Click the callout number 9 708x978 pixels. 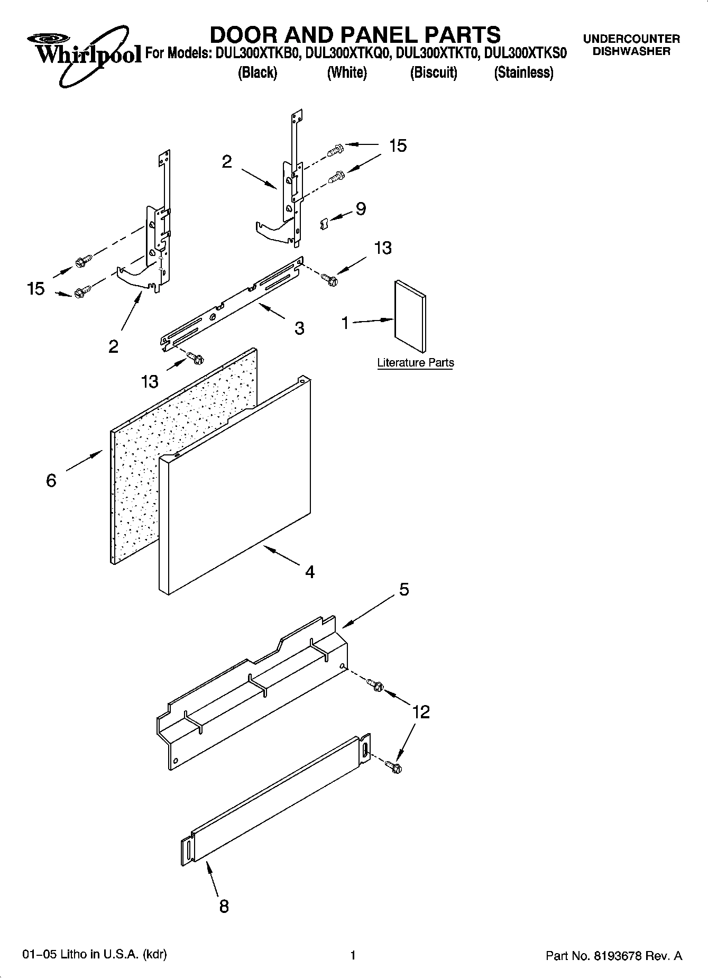(360, 209)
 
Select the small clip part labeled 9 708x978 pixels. (324, 224)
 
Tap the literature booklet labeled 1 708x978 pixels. (409, 316)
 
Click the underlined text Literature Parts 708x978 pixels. (415, 363)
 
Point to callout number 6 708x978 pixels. (51, 480)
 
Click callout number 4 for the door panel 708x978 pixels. (310, 572)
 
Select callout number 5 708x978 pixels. (404, 589)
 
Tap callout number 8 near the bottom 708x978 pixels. (224, 906)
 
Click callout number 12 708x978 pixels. (421, 712)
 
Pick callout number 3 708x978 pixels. (299, 328)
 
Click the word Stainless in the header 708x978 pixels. (523, 72)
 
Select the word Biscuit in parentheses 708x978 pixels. (434, 72)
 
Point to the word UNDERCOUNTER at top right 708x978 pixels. (631, 39)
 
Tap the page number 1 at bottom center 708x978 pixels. (353, 955)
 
